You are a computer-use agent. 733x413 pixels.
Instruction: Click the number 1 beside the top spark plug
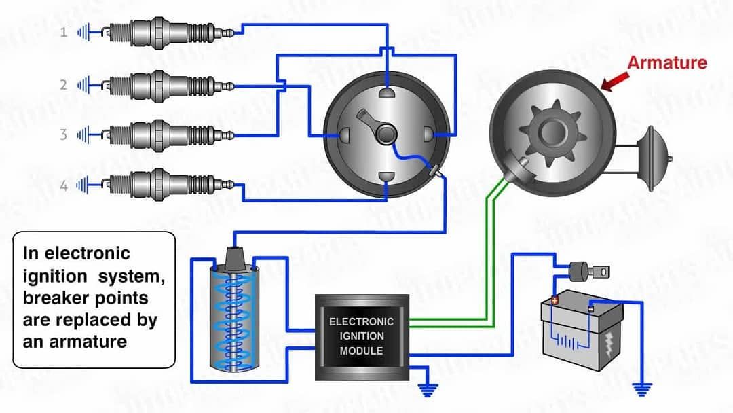(x=64, y=32)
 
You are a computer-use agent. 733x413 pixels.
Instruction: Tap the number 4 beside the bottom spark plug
(x=64, y=185)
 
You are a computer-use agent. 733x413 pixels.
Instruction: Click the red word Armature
(x=666, y=63)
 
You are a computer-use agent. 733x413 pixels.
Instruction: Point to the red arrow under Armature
(x=613, y=83)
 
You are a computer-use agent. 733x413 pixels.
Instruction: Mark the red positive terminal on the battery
(x=555, y=300)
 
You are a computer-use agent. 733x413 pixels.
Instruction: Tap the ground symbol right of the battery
(x=641, y=389)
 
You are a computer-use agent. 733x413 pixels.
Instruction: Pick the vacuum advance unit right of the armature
(x=654, y=155)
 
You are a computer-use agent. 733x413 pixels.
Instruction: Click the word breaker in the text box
(x=54, y=298)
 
